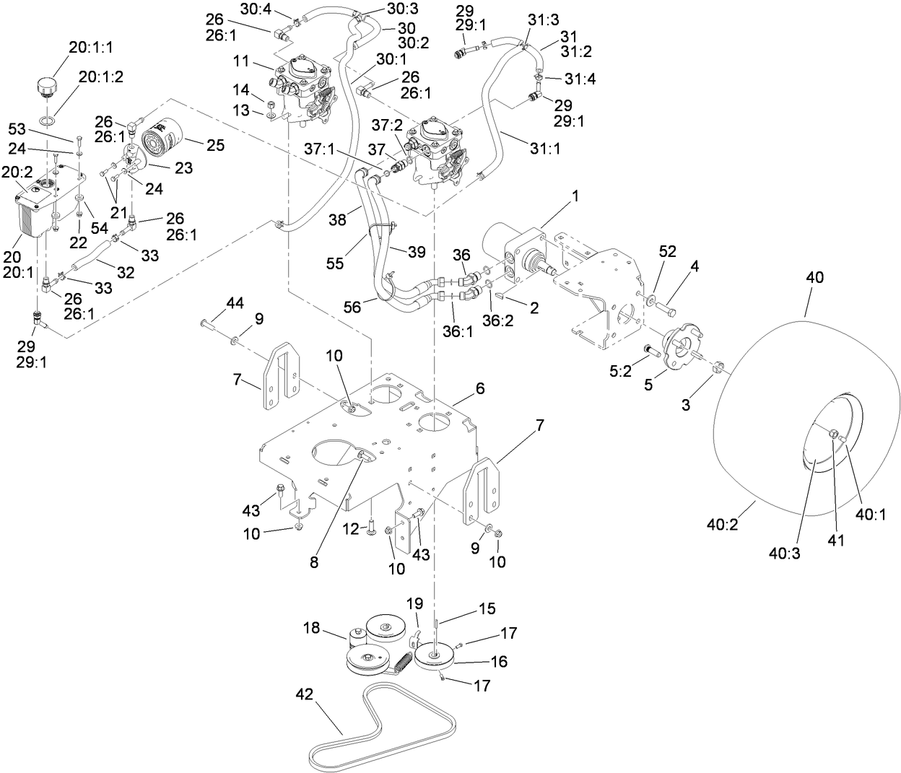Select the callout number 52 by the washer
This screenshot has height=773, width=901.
(x=668, y=250)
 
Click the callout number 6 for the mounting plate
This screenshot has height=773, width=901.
(x=480, y=388)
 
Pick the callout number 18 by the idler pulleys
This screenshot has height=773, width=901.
(x=311, y=628)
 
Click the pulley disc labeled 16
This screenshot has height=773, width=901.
(x=434, y=657)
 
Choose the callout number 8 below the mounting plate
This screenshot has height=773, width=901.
(x=314, y=563)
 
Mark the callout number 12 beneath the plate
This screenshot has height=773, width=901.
(x=350, y=529)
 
